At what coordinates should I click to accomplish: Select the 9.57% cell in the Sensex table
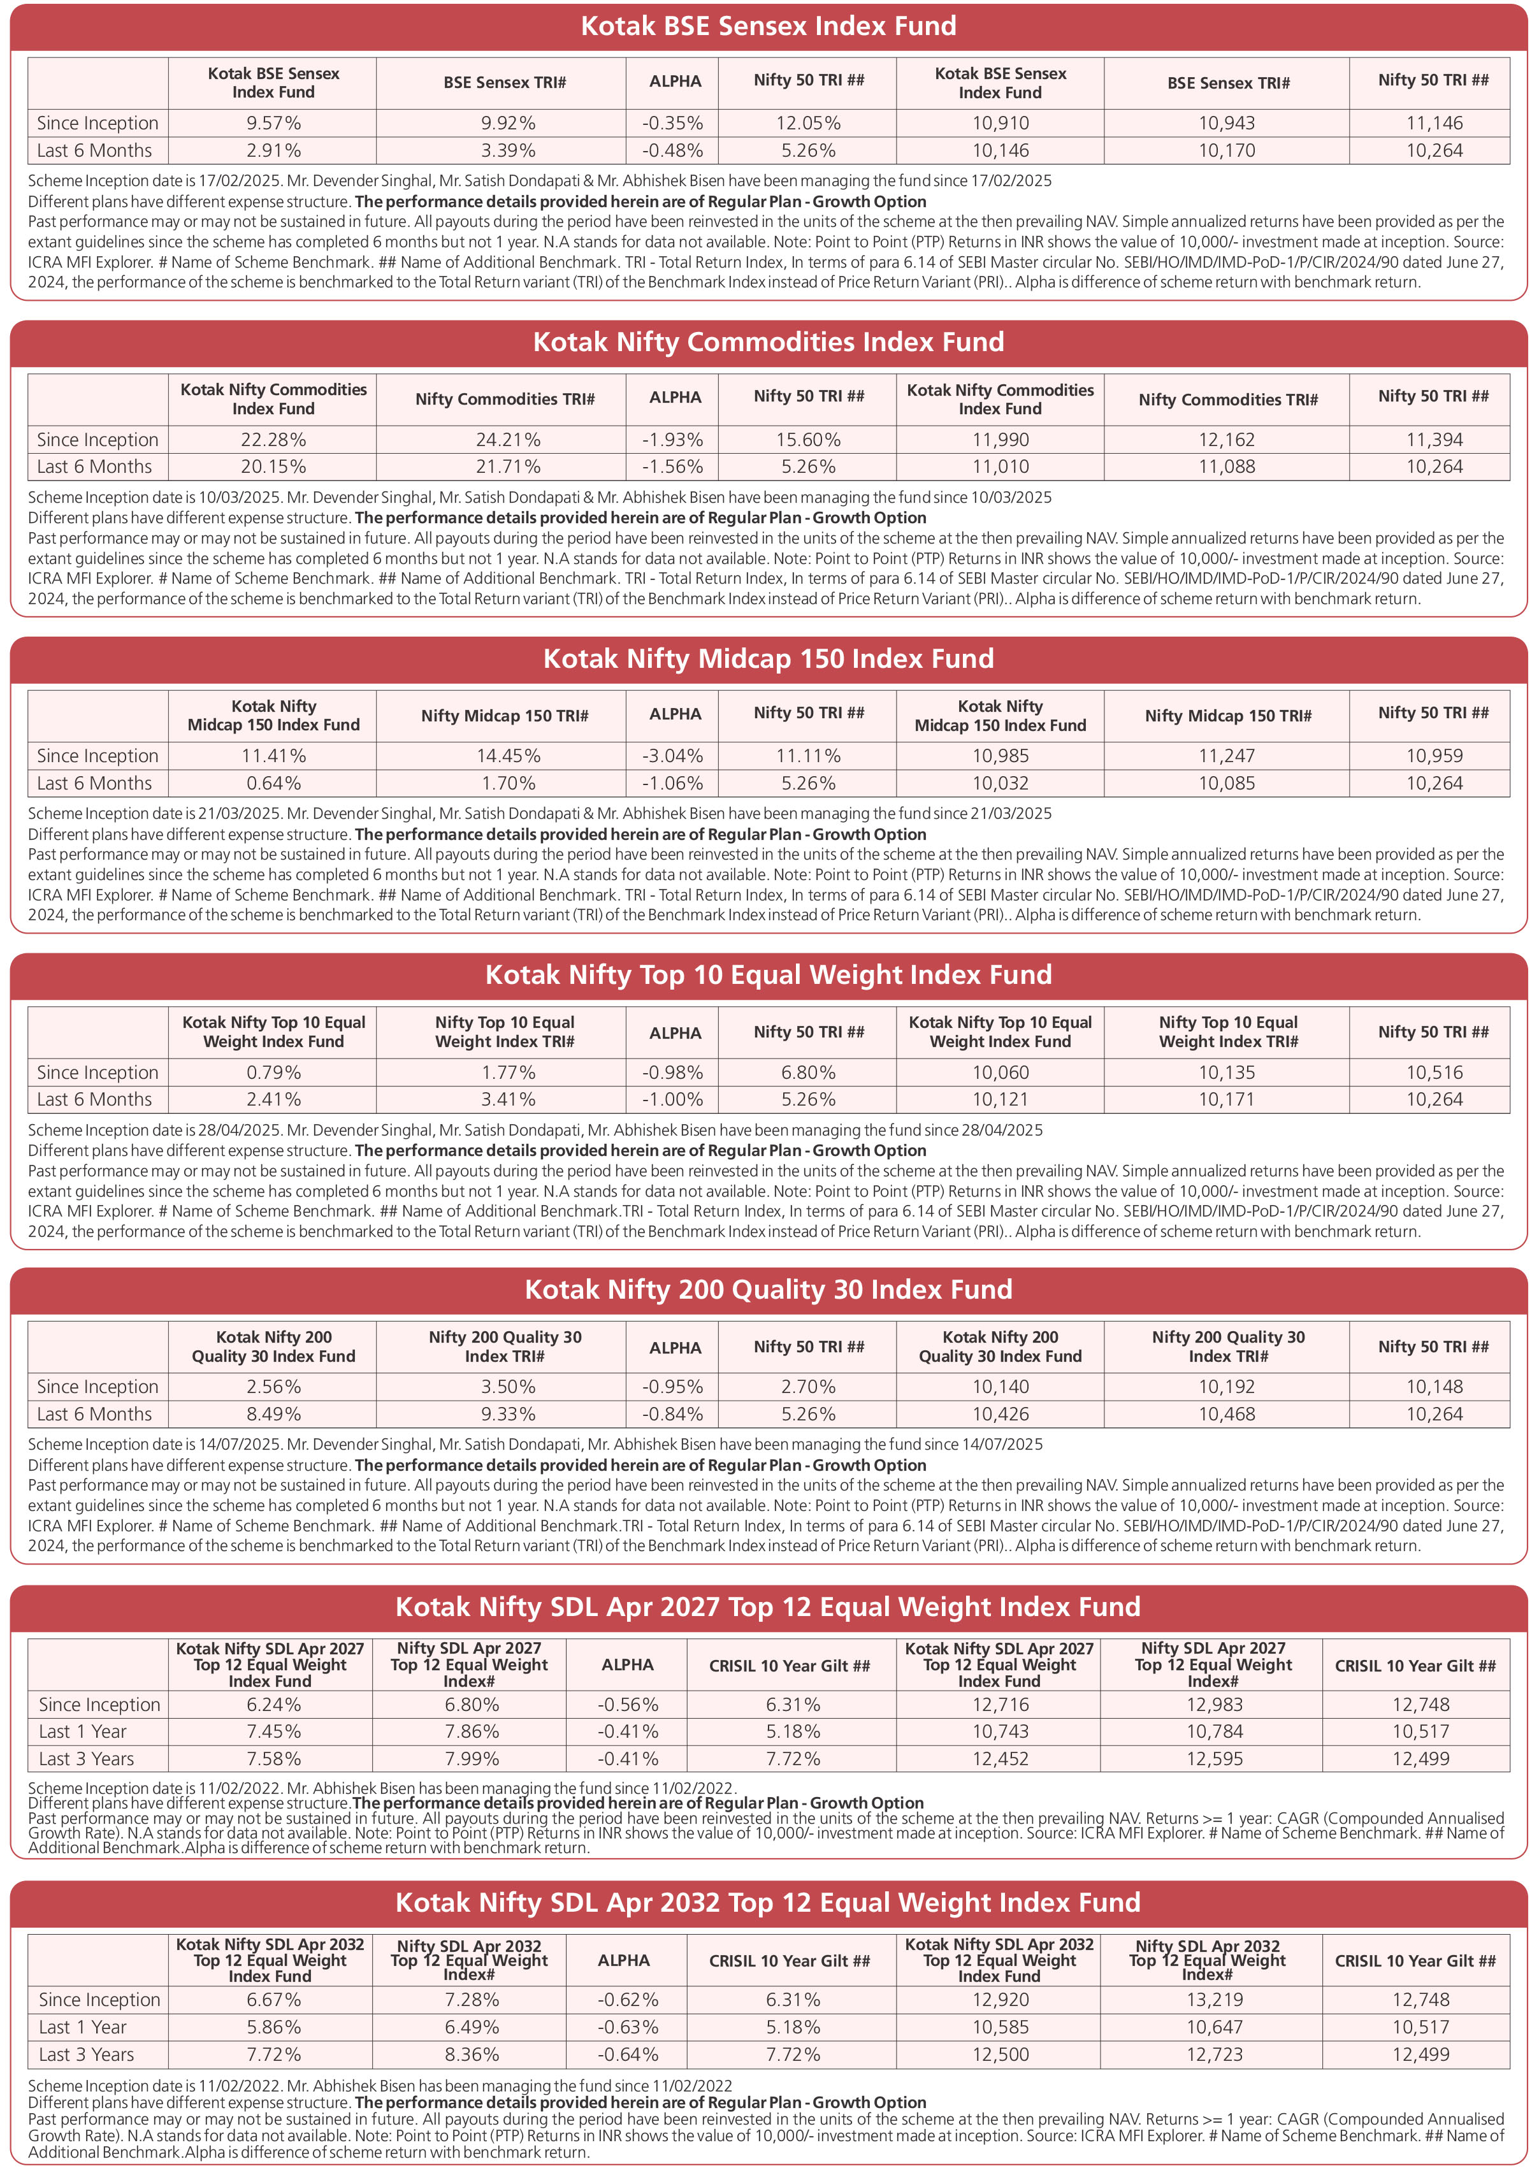click(x=273, y=123)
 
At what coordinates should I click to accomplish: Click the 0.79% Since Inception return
click(x=273, y=1072)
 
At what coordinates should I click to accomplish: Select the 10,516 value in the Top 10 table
click(x=1434, y=1072)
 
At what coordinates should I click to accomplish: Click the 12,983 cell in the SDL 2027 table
click(x=1214, y=1705)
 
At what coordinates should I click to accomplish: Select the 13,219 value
click(x=1214, y=2000)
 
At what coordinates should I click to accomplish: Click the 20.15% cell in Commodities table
click(x=273, y=466)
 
